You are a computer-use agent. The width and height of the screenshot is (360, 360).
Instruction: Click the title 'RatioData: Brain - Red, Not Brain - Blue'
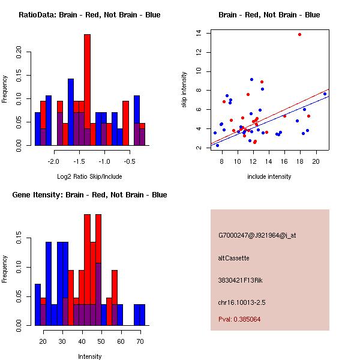89,15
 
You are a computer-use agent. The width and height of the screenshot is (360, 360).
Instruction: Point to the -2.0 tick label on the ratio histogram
53,161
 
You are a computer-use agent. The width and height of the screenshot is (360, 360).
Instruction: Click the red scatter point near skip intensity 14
299,35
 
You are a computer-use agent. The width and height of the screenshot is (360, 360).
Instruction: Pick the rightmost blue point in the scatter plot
325,94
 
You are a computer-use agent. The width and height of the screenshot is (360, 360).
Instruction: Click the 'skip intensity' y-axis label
185,90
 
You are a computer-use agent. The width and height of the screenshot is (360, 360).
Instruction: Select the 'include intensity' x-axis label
269,176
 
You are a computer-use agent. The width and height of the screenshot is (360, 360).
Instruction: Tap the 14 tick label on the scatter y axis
199,34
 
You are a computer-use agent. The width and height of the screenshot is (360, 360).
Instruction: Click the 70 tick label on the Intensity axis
140,341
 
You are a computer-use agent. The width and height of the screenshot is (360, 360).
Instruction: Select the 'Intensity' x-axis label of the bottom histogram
89,356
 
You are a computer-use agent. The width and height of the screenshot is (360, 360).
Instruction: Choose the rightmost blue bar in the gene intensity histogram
139,314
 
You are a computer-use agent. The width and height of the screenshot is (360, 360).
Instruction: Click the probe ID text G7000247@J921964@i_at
257,235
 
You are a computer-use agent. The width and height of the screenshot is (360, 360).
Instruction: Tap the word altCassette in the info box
233,258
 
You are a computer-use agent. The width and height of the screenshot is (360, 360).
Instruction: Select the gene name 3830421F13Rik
241,280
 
